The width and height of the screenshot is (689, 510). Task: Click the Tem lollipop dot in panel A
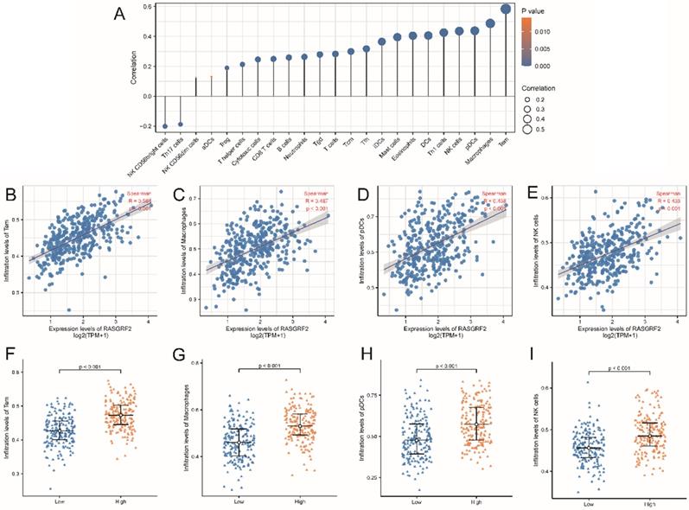pyautogui.click(x=506, y=9)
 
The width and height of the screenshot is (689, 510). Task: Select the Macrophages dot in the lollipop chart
pyautogui.click(x=490, y=23)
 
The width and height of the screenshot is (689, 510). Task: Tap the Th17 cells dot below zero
pyautogui.click(x=180, y=124)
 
